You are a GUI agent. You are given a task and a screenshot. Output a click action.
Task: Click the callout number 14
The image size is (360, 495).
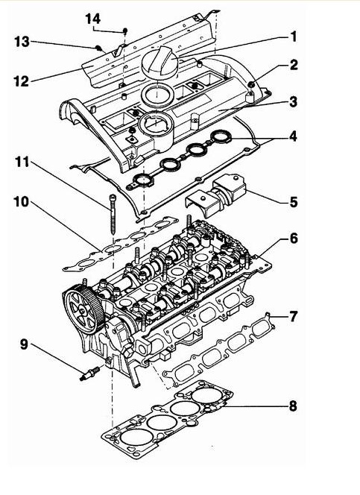click(x=93, y=19)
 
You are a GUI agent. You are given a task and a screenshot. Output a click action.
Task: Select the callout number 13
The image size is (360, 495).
click(x=22, y=42)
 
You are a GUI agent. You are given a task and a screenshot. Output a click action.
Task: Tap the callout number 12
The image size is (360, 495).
click(x=22, y=81)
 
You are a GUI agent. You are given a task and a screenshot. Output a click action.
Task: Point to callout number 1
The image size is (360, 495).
click(x=294, y=37)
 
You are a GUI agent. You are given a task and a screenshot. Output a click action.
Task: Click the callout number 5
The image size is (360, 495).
click(x=294, y=202)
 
